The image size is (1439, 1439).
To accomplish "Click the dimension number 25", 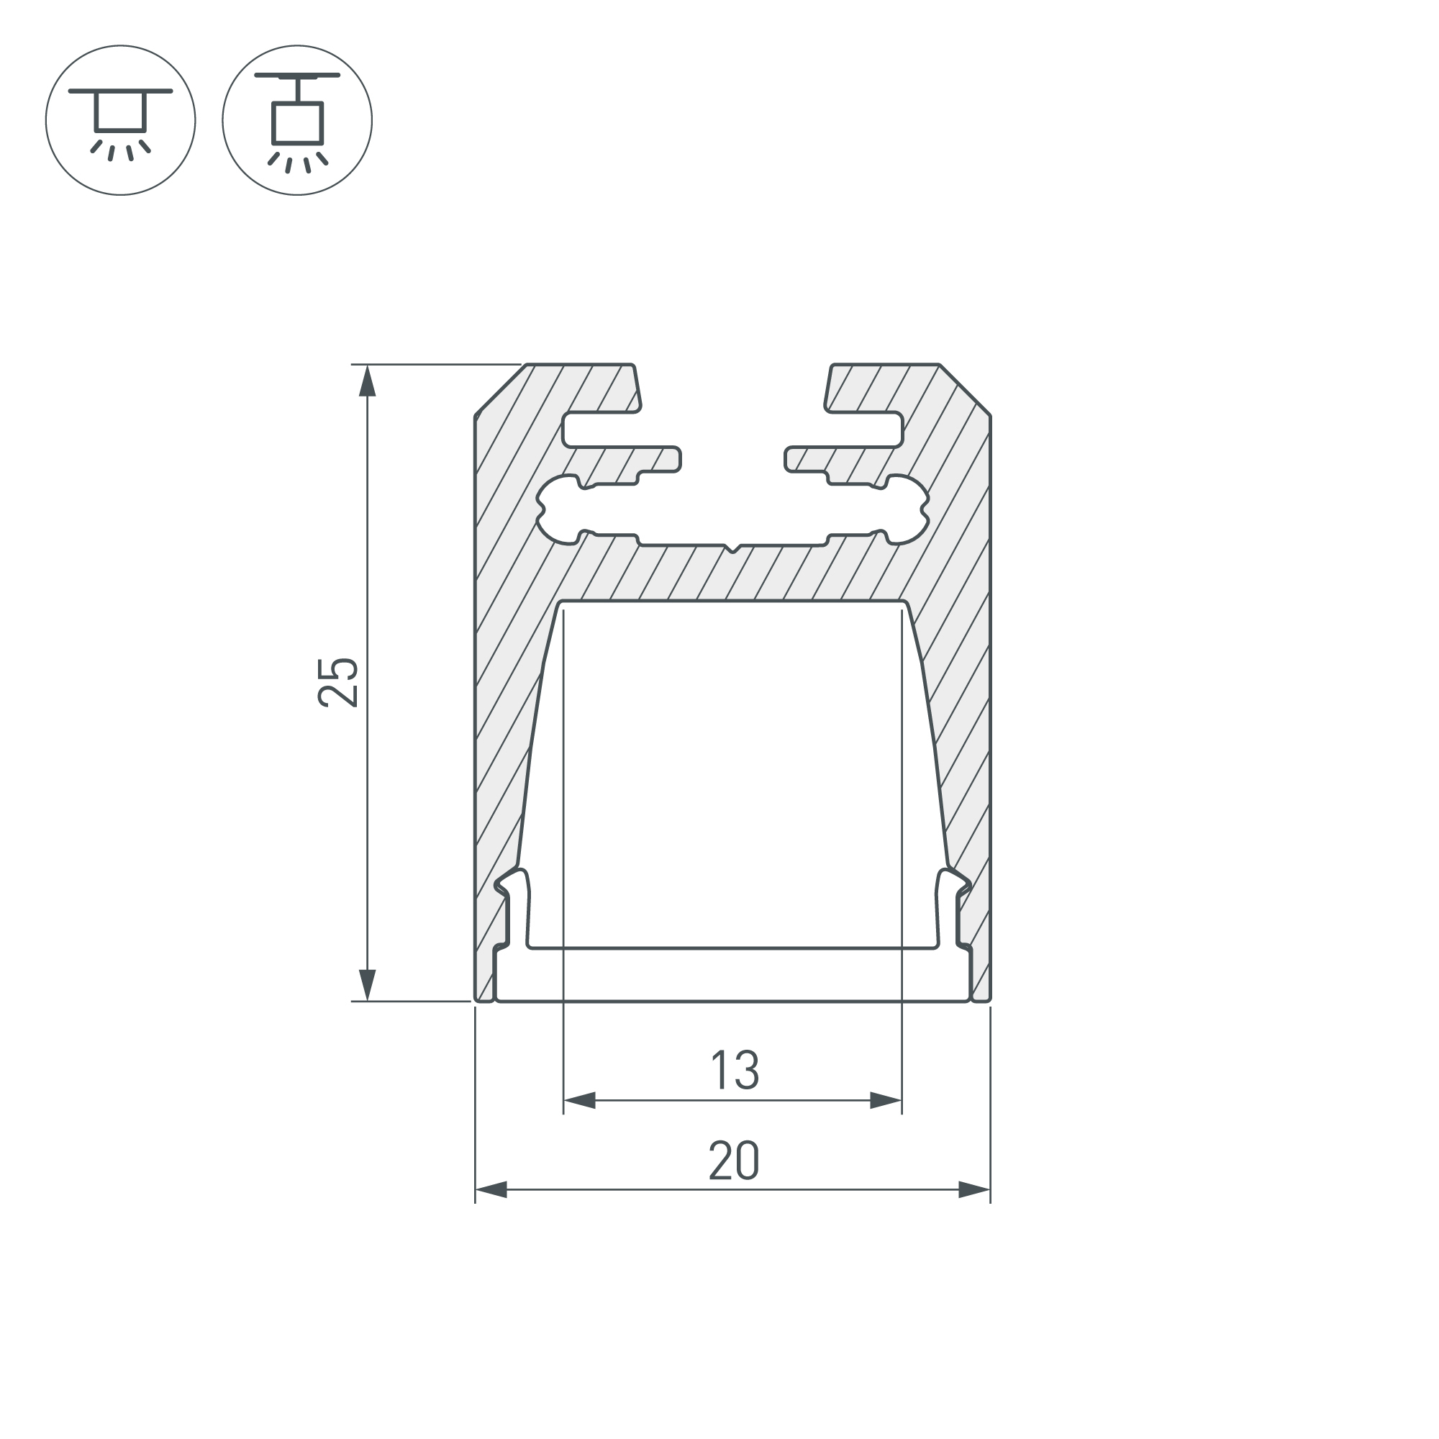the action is pyautogui.click(x=339, y=681).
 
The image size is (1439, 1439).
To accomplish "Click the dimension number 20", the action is pyautogui.click(x=734, y=1161).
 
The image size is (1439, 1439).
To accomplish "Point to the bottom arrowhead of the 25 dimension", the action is pyautogui.click(x=366, y=986).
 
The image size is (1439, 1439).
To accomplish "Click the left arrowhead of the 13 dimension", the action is pyautogui.click(x=579, y=1100).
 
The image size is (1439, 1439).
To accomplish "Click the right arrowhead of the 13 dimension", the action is pyautogui.click(x=886, y=1100).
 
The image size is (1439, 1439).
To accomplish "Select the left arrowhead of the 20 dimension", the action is pyautogui.click(x=491, y=1190).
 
